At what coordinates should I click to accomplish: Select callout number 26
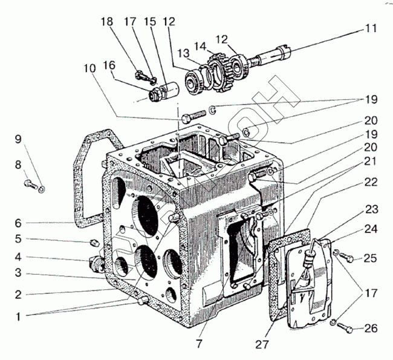pos(371,329)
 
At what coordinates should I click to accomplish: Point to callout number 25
pos(371,259)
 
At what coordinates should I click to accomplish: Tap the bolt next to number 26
pos(343,328)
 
